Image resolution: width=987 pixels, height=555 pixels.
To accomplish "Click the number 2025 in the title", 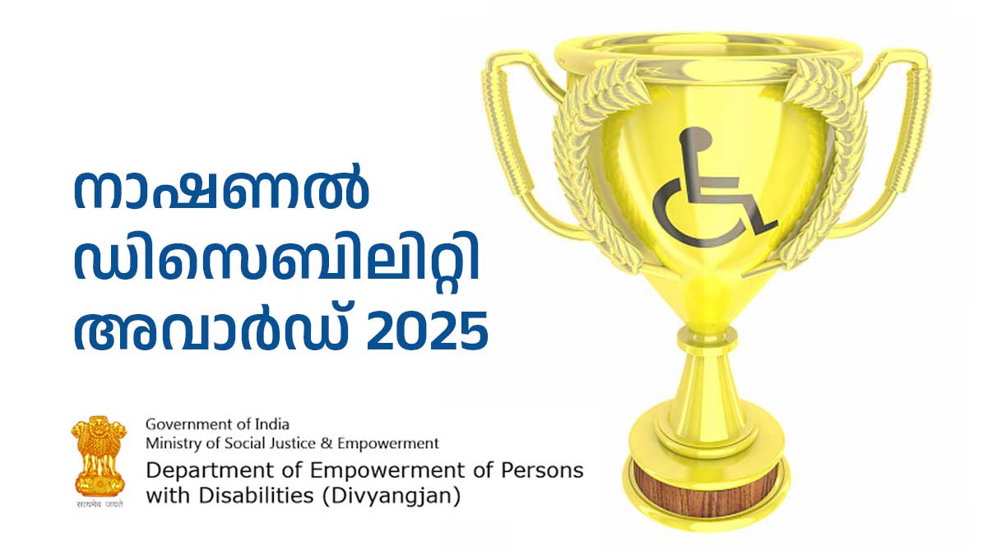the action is click(x=427, y=331).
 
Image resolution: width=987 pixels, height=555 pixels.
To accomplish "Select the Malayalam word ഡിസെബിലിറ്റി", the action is click(x=276, y=260).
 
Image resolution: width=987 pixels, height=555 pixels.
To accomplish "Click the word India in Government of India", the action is click(x=272, y=424).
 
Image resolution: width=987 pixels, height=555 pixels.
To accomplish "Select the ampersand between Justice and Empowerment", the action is click(x=326, y=443).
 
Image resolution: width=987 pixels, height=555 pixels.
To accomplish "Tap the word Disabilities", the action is click(x=256, y=496).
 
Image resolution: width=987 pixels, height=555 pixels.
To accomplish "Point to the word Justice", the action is click(x=291, y=443).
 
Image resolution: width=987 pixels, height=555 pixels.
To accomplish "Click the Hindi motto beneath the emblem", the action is click(x=100, y=504).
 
